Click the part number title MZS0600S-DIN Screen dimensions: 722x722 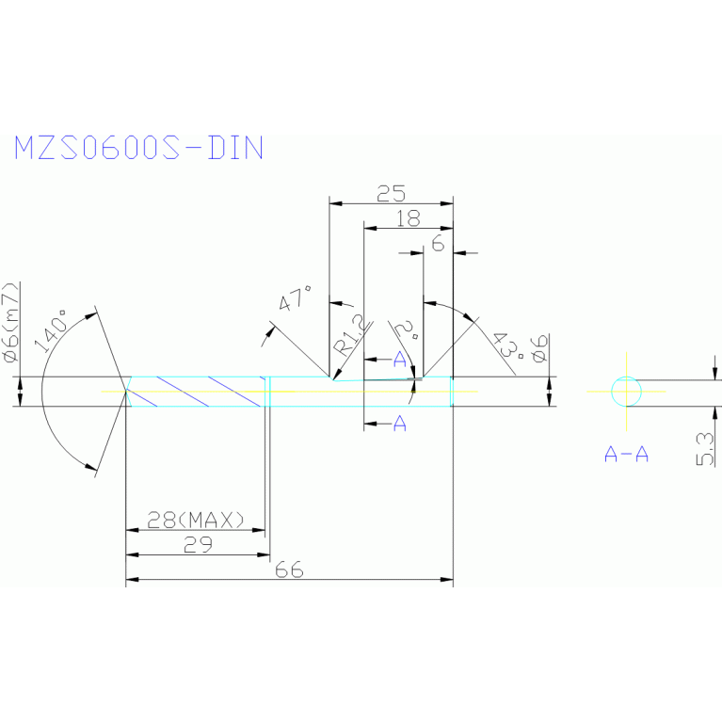[x=138, y=149]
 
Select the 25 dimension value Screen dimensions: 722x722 [x=391, y=195]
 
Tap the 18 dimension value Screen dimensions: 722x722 [x=408, y=219]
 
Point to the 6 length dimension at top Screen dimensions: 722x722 [x=438, y=243]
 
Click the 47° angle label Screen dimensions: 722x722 [x=296, y=302]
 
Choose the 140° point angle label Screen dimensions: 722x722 [x=52, y=329]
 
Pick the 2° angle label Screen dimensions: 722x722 [x=408, y=331]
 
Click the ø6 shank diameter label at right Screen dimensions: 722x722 [x=538, y=348]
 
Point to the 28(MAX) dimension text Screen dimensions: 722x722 [x=196, y=519]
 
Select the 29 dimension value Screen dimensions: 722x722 [x=198, y=544]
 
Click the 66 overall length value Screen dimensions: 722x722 [x=289, y=570]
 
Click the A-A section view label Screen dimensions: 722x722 [x=626, y=455]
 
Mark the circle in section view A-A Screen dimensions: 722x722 [x=626, y=391]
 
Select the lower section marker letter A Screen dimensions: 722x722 [x=399, y=425]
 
